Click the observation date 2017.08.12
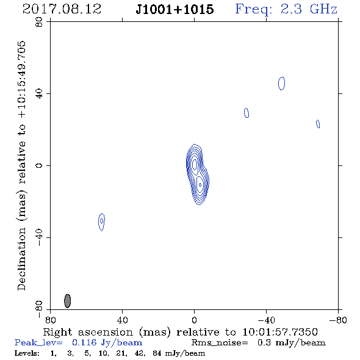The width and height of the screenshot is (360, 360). [x=62, y=9]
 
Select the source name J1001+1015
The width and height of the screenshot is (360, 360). [x=175, y=9]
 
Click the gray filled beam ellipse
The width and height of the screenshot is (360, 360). [x=67, y=301]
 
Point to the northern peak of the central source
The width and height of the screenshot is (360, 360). [x=195, y=164]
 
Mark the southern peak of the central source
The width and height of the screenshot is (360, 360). [x=200, y=185]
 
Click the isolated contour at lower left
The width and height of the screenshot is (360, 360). [x=101, y=221]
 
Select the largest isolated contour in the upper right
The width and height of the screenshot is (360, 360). [x=282, y=84]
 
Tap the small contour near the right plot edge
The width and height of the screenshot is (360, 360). [x=318, y=124]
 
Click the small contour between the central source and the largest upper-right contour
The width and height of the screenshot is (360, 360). [x=247, y=113]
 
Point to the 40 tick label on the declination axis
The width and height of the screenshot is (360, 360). [x=39, y=94]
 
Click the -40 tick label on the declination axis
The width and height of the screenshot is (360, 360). [x=39, y=237]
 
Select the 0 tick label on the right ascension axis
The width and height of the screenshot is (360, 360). [x=194, y=320]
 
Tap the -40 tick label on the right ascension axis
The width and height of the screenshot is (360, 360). [x=266, y=320]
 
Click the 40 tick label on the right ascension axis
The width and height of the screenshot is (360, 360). [x=122, y=320]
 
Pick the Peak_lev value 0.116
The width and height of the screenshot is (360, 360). [x=84, y=342]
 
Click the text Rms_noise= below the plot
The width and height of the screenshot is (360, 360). [x=220, y=343]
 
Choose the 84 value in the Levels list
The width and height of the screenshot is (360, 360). [x=157, y=353]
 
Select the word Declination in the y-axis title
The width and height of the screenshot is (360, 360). [x=21, y=259]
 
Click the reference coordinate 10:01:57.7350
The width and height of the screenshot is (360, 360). [x=280, y=332]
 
